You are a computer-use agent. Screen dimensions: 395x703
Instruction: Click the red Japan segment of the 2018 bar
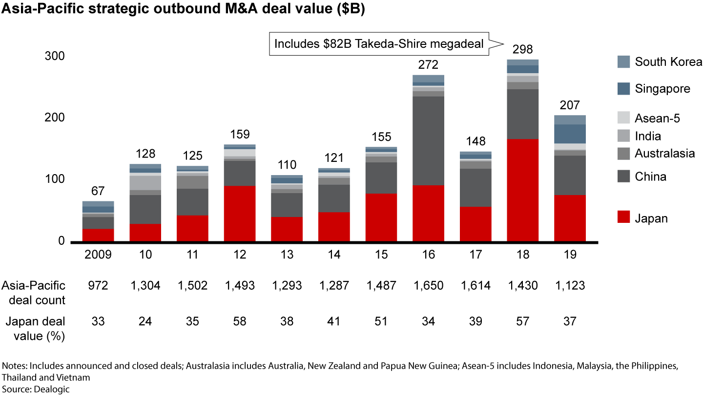[x=523, y=190]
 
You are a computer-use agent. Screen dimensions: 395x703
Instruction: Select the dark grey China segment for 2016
[x=429, y=140]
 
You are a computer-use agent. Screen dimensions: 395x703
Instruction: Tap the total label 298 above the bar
[x=523, y=50]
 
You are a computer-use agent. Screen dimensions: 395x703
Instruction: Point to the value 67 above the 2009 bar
[x=98, y=191]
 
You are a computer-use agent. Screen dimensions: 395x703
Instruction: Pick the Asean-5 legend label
[x=657, y=118]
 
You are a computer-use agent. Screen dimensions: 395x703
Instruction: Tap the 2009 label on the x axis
[x=98, y=255]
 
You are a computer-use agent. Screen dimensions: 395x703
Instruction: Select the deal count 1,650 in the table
[x=429, y=285]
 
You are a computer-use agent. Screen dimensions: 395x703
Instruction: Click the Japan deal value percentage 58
[x=240, y=321]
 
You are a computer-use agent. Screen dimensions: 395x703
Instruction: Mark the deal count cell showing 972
[x=98, y=285]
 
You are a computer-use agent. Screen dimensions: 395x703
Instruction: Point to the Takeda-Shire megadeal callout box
[x=379, y=44]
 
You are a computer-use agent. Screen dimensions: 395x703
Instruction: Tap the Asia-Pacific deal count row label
[x=33, y=292]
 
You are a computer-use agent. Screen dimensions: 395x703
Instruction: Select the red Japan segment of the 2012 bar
[x=240, y=214]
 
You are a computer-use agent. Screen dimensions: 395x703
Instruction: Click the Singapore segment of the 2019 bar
[x=570, y=134]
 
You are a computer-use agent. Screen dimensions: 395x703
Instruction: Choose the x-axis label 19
[x=570, y=255]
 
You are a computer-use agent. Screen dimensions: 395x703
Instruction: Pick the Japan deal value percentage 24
[x=145, y=321]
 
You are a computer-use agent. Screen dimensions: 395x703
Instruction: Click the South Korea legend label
[x=668, y=62]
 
